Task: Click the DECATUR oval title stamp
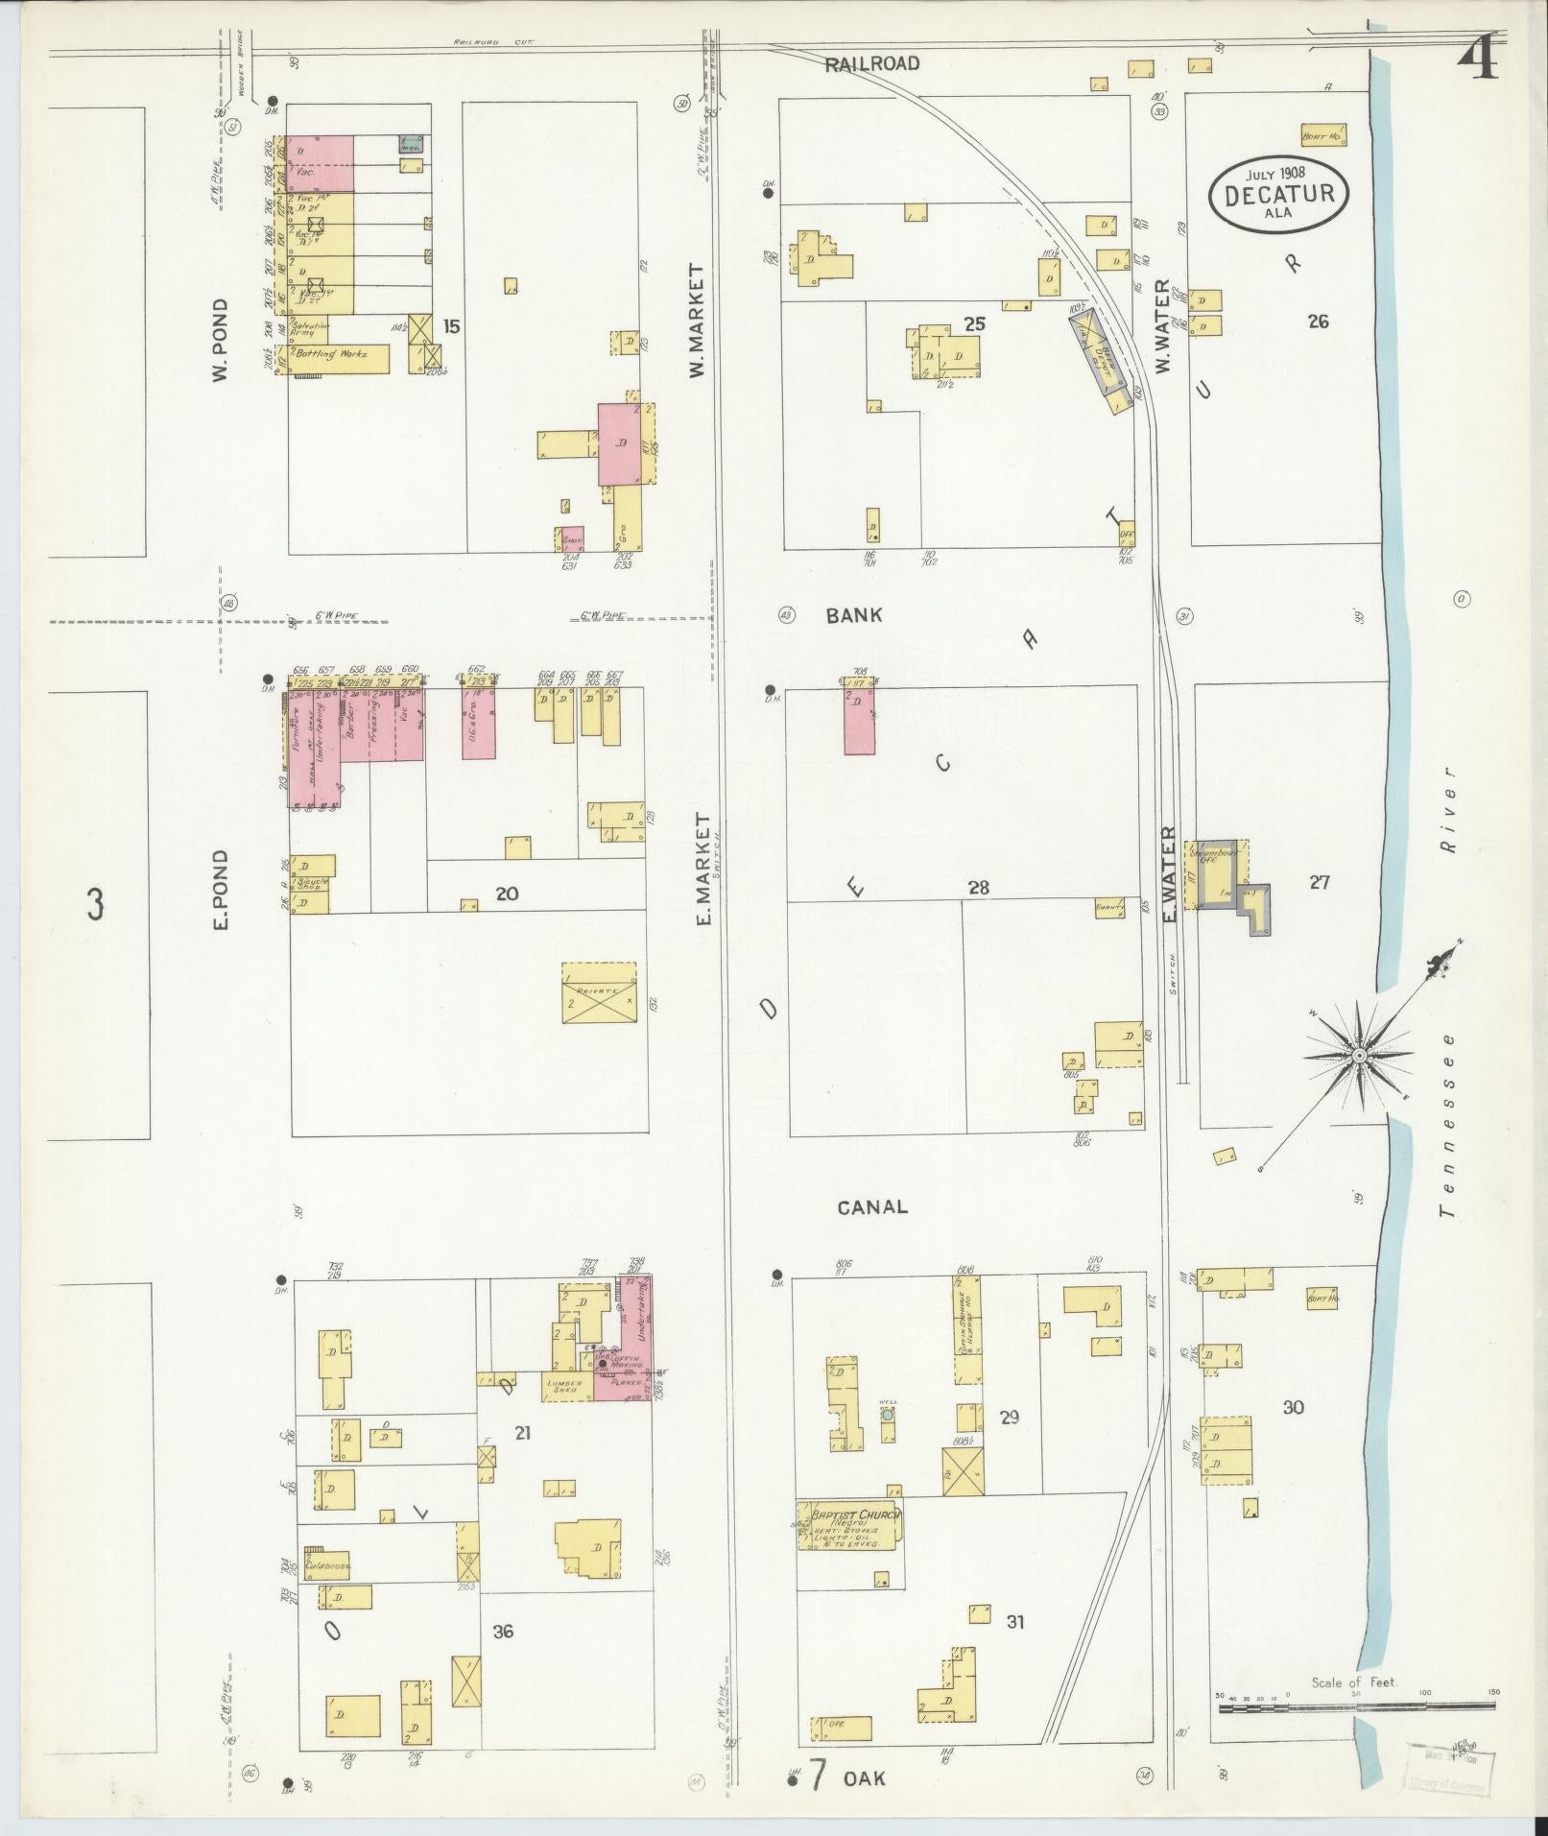tap(1278, 194)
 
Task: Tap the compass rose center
tap(1359, 1056)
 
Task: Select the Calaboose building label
tap(326, 1565)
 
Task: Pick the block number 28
tap(978, 888)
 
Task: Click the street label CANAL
tap(871, 1207)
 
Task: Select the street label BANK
tap(853, 616)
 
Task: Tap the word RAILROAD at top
tap(872, 64)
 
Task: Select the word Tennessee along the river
tap(1447, 1123)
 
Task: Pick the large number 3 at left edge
tap(95, 904)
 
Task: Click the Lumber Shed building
tap(566, 1389)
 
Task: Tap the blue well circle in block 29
tap(888, 1415)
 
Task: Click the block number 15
tap(451, 326)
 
